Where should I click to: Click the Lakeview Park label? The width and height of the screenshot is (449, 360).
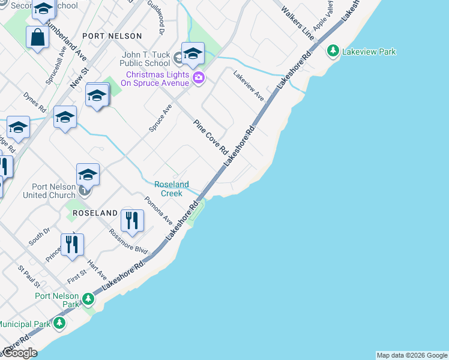coord(369,52)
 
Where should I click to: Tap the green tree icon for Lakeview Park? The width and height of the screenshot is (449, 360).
coord(333,52)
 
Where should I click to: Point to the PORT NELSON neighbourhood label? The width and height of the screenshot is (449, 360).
coord(112,36)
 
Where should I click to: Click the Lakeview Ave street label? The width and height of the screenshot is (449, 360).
coord(249,86)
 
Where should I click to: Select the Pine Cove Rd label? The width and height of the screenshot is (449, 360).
coord(211,136)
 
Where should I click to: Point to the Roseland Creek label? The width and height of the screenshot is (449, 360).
coord(172,189)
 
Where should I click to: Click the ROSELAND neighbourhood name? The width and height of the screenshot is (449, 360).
coord(95,213)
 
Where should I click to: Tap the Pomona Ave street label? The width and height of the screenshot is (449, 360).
coord(158,210)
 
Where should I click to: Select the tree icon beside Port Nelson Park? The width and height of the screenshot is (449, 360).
coord(88,299)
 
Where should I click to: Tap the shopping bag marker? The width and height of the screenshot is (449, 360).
coord(37,37)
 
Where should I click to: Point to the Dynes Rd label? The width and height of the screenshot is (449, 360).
coord(34,103)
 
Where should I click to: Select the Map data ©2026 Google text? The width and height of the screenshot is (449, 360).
coord(412,355)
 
